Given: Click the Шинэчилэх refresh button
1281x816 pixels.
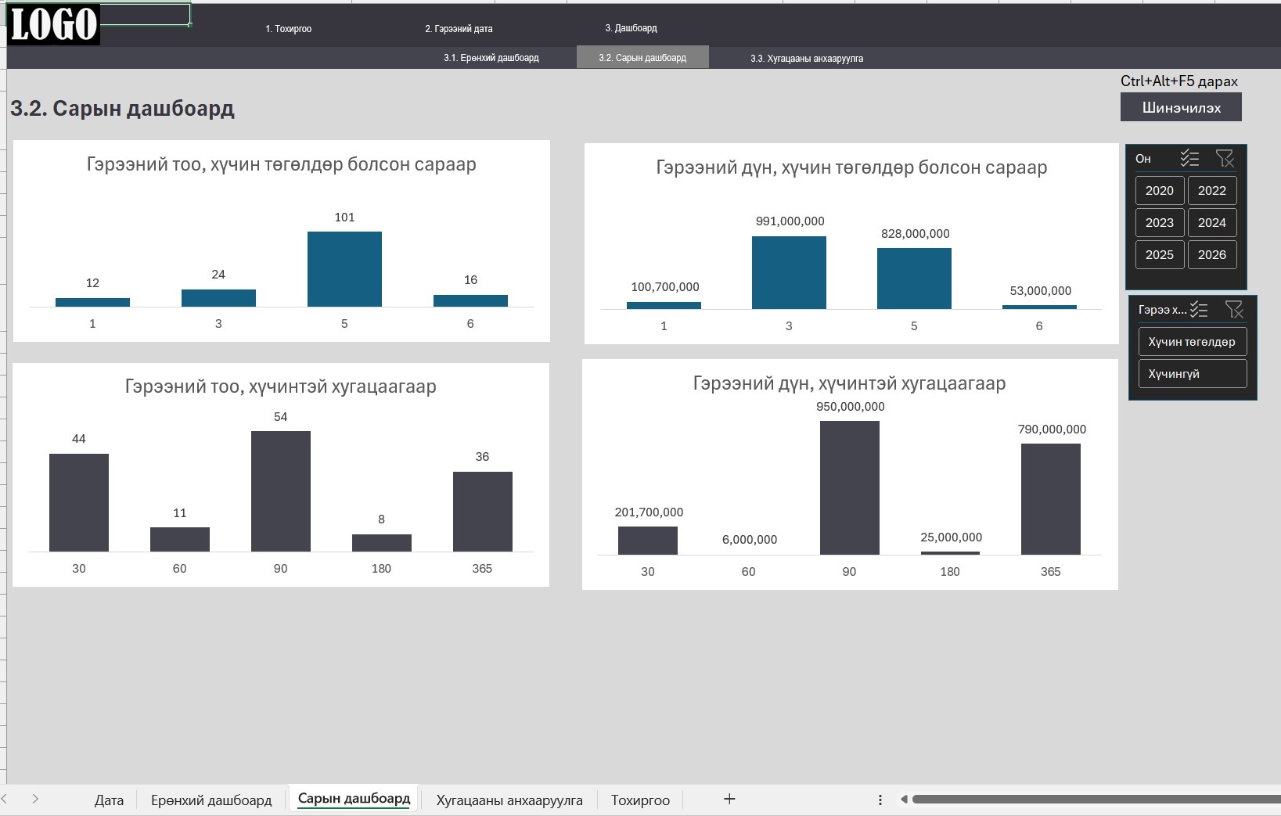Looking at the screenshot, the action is pos(1181,107).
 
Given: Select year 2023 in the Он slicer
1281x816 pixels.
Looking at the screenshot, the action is pos(1159,222).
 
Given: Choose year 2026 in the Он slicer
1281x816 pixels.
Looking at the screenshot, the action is pos(1212,254).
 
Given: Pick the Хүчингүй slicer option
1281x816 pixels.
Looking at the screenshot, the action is pos(1193,373).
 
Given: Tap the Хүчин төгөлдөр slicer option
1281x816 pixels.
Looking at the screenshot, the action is pos(1193,341).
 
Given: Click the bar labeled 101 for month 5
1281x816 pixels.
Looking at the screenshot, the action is pos(344,269).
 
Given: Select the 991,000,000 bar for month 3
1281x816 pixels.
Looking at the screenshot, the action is pos(789,272).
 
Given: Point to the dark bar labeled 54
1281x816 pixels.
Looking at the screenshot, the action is pos(281,491).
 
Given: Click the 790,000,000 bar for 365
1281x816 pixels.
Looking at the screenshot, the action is pos(1050,498).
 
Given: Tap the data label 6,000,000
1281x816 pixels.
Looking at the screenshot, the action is pos(749,539).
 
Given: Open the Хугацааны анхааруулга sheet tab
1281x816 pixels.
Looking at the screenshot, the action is pos(509,800).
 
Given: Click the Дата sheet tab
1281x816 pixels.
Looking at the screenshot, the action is pos(109,800).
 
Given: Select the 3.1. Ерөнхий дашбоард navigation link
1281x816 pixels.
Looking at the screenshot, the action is pos(491,58).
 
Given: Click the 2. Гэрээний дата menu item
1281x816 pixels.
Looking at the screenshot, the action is pos(459,29).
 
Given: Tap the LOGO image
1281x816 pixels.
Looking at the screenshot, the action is pos(54,24).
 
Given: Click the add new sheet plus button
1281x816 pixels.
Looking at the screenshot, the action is pos(729,799).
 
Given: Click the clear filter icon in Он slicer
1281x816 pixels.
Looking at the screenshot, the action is pos(1225,158).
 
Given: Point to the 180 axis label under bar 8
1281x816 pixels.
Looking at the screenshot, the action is pos(381,569).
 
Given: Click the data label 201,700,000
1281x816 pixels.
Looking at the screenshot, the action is pos(649,512).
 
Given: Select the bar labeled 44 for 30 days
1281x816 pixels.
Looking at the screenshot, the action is pos(79,502).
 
